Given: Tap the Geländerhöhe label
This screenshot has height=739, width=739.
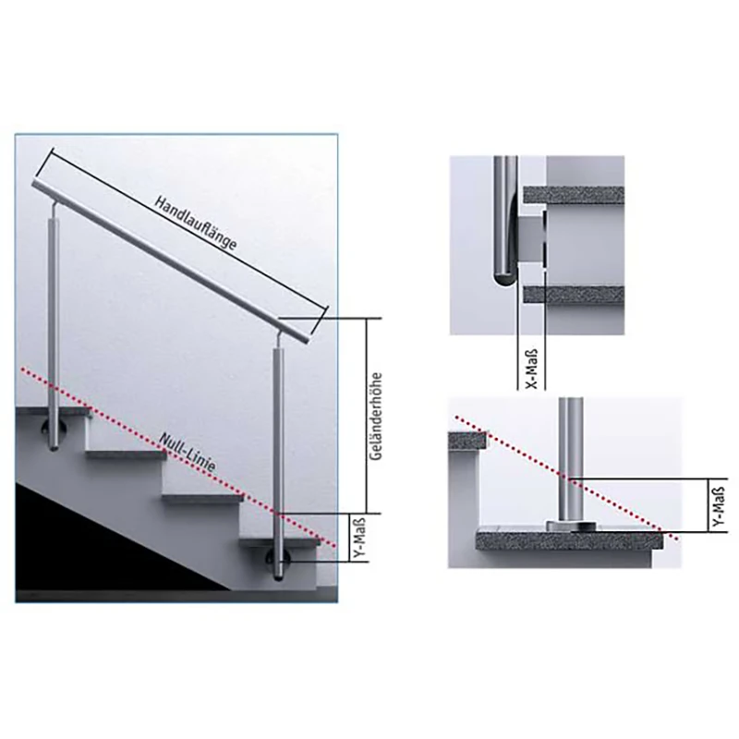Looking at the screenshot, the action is [x=376, y=417].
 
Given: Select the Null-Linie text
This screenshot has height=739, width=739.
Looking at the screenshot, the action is [x=188, y=453].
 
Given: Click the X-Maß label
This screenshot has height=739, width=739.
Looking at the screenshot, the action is [x=531, y=369].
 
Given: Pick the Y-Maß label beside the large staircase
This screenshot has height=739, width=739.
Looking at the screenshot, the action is [x=359, y=539].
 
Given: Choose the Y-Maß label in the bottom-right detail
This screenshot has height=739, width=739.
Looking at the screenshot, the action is [x=719, y=505].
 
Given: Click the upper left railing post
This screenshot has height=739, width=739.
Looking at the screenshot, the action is [x=55, y=325].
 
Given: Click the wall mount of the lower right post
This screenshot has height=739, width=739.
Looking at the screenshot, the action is [x=273, y=560].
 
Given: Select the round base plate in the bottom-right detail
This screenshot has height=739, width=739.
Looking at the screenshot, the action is [x=570, y=525].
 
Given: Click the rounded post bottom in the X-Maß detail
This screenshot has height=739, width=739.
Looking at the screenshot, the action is [x=503, y=274].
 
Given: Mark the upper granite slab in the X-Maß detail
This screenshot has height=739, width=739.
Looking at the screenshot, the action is [x=574, y=195].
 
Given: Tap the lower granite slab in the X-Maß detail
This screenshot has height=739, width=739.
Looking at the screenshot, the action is [x=574, y=294].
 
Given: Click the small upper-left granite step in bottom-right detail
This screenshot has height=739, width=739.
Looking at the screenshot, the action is [x=467, y=440].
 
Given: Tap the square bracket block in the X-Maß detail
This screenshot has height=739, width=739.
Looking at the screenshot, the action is [x=530, y=238].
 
